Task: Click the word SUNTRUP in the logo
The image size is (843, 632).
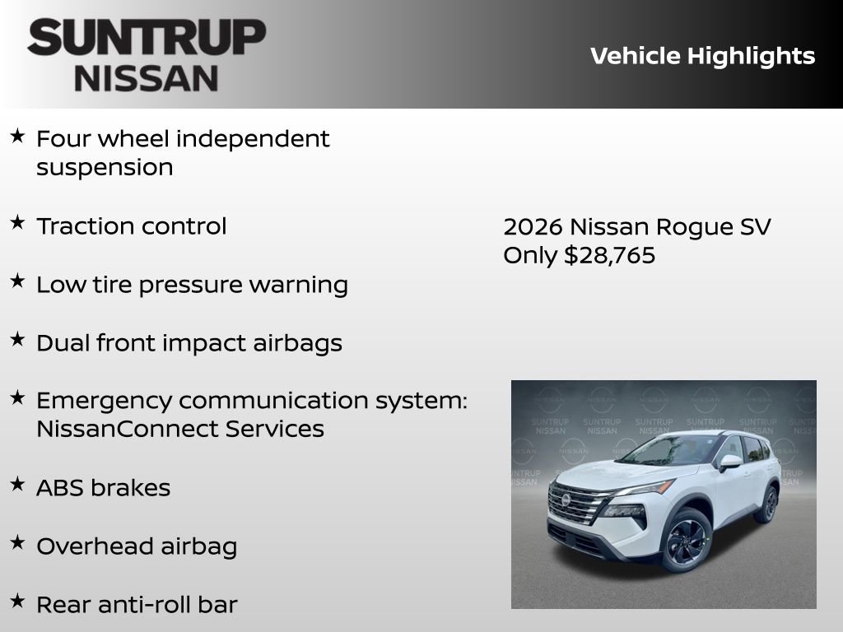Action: pos(147,37)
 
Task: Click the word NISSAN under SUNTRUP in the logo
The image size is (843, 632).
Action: pos(147,77)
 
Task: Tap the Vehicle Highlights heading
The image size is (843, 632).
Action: pos(702,56)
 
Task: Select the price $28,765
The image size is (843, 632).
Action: pos(609,255)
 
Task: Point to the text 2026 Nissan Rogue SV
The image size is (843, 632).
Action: pos(636,226)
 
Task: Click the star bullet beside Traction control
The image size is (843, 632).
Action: pos(17,222)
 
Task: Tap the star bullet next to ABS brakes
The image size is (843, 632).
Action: pos(17,484)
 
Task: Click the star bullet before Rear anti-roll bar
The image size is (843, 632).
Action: pos(17,601)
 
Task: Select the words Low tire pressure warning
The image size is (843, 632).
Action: pos(192,285)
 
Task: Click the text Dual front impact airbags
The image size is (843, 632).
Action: pos(189,343)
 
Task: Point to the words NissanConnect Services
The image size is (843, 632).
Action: pos(179,429)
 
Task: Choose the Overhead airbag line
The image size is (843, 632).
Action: pos(136,546)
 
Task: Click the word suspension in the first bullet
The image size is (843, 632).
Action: pos(105,167)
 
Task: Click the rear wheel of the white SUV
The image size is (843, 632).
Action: pos(768,504)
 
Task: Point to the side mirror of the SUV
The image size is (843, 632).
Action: pos(729,462)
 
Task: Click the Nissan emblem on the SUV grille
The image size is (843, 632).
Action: pos(566,500)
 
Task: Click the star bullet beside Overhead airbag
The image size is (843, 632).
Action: pos(17,542)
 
